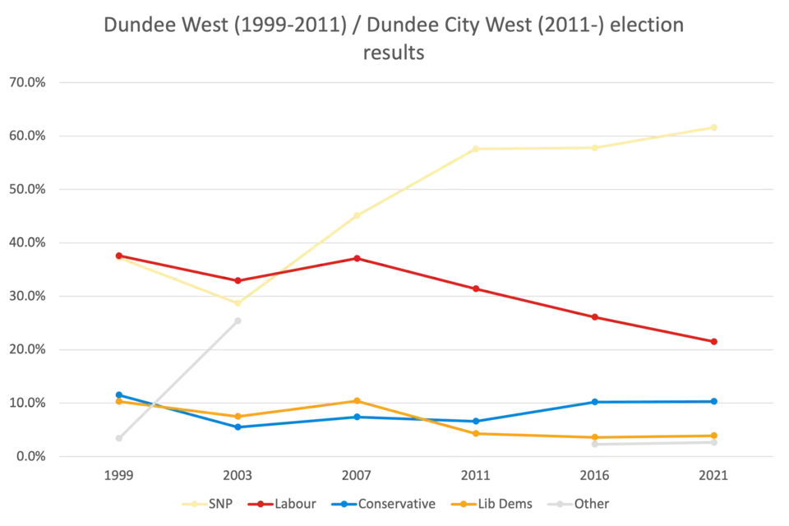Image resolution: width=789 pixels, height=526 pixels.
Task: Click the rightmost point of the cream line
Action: click(x=714, y=127)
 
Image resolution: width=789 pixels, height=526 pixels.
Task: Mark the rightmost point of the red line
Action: click(x=714, y=341)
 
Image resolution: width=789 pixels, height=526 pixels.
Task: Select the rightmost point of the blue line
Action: click(x=714, y=401)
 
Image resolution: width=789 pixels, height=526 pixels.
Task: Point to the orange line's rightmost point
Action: click(x=714, y=436)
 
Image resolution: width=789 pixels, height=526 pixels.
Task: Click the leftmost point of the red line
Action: click(x=118, y=255)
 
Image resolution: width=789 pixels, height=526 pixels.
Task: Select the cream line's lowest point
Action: click(x=238, y=304)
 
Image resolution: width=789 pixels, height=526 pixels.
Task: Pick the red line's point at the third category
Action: click(x=357, y=257)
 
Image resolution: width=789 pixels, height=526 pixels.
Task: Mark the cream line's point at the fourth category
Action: click(x=476, y=149)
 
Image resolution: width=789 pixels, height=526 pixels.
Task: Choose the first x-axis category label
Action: click(x=118, y=476)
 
